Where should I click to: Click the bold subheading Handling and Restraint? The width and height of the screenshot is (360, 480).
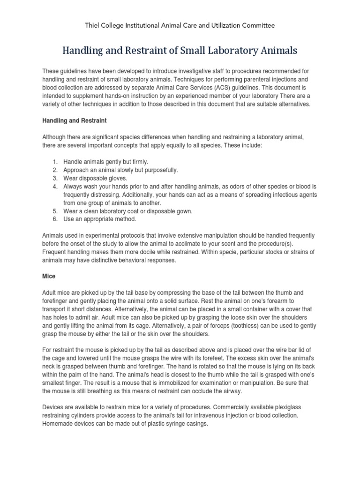pos(75,120)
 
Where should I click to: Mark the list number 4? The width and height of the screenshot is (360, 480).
pos(55,187)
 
